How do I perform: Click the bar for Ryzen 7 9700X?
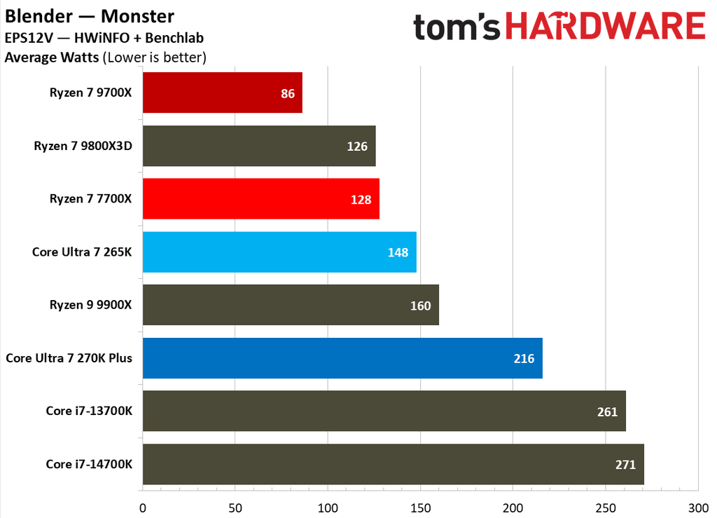[223, 93]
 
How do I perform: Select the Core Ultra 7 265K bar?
[279, 252]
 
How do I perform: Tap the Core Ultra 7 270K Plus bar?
[342, 358]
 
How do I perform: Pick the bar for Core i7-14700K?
[393, 464]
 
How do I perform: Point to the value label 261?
[607, 411]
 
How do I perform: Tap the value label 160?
[420, 306]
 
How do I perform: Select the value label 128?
[361, 199]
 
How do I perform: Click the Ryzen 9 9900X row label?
[90, 305]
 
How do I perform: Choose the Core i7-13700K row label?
[88, 411]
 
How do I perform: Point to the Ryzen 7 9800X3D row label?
[83, 146]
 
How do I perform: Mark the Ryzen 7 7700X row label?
[90, 198]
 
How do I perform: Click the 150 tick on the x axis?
[420, 507]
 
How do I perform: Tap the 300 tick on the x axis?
[698, 507]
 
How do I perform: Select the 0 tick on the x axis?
[143, 507]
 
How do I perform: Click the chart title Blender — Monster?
[90, 15]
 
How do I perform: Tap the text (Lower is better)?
[154, 57]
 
